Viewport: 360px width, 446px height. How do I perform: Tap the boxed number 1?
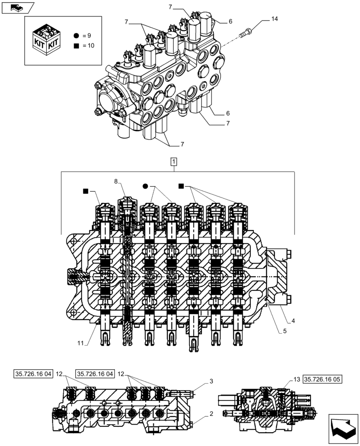click(173, 161)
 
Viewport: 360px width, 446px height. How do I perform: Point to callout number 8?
click(116, 182)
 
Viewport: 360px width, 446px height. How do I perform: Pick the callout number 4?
click(293, 320)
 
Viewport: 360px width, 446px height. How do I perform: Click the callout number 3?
click(211, 381)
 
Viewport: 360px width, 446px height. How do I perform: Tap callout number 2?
click(211, 414)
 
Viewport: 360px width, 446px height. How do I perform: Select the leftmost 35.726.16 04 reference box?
click(33, 373)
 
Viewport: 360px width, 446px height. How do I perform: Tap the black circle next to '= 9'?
click(77, 35)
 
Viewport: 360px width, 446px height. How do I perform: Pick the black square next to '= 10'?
click(77, 45)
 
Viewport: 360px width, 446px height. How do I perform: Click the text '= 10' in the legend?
click(89, 45)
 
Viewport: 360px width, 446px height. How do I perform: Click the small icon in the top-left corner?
click(17, 7)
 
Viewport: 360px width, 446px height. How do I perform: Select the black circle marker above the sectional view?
click(145, 186)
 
